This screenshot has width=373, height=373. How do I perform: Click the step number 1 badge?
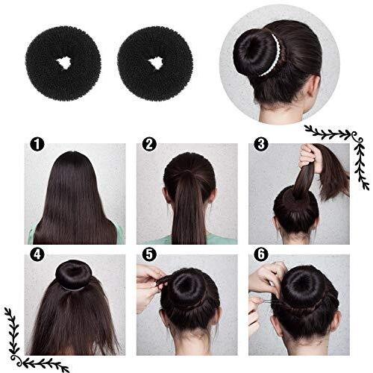pyautogui.click(x=37, y=145)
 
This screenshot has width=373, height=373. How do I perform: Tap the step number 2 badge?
pyautogui.click(x=149, y=145)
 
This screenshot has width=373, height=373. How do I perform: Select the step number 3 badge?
pyautogui.click(x=261, y=145)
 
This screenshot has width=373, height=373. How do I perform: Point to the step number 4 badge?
pyautogui.click(x=37, y=255)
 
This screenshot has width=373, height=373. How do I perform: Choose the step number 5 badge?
pyautogui.click(x=149, y=255)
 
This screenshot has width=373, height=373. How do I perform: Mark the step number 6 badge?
pyautogui.click(x=261, y=255)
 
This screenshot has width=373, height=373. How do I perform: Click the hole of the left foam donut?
pyautogui.click(x=63, y=63)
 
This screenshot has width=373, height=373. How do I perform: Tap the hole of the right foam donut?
pyautogui.click(x=155, y=63)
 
